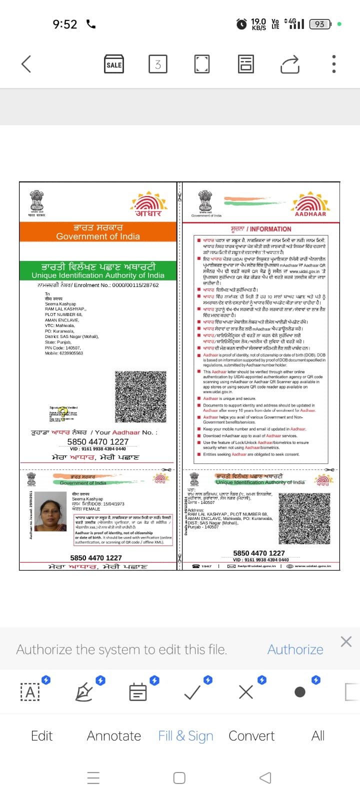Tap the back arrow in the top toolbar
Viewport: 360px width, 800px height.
(x=26, y=64)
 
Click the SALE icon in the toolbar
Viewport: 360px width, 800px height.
(x=114, y=64)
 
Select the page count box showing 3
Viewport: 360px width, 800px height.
(x=157, y=64)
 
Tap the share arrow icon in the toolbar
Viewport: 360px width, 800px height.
(x=290, y=64)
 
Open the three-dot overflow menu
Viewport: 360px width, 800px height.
(x=334, y=64)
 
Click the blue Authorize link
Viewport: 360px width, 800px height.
(x=295, y=649)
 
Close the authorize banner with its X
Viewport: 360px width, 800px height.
(x=346, y=641)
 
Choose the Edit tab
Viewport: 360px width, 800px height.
(x=41, y=735)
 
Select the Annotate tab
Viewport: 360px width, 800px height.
(x=114, y=735)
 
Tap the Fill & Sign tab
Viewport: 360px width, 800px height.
(x=185, y=735)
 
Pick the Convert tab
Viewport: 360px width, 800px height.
(x=251, y=735)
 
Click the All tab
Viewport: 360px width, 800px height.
(x=318, y=735)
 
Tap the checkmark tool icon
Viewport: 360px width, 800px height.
(x=192, y=692)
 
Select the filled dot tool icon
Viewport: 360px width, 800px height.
(x=300, y=692)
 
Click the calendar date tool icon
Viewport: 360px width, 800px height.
(x=138, y=692)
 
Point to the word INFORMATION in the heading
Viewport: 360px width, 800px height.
(x=270, y=229)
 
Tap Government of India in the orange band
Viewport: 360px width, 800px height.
(x=98, y=236)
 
